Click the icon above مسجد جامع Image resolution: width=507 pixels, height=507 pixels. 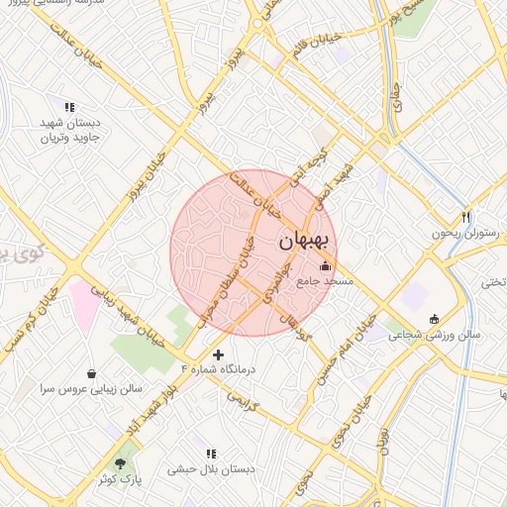326,265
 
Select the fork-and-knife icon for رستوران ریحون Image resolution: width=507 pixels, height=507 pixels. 466,217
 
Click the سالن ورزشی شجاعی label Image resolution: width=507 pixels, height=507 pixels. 434,335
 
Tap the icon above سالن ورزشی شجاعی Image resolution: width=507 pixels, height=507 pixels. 434,318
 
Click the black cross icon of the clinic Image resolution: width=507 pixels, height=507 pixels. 218,354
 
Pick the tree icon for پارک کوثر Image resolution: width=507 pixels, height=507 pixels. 121,462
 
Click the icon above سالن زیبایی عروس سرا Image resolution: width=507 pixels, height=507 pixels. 92,374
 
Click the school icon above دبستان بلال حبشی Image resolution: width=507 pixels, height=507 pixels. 211,454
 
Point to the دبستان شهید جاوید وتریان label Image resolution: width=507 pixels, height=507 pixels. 70,130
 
